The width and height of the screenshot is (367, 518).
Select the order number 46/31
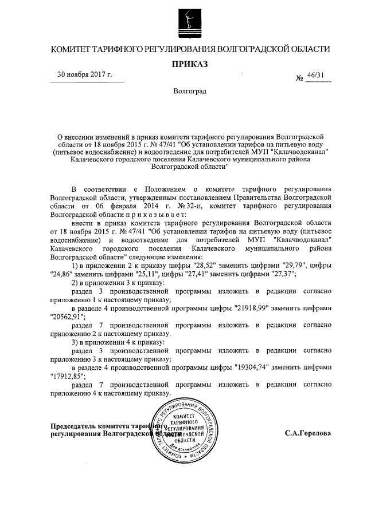[x=315, y=75]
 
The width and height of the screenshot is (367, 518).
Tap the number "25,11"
[x=145, y=274]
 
